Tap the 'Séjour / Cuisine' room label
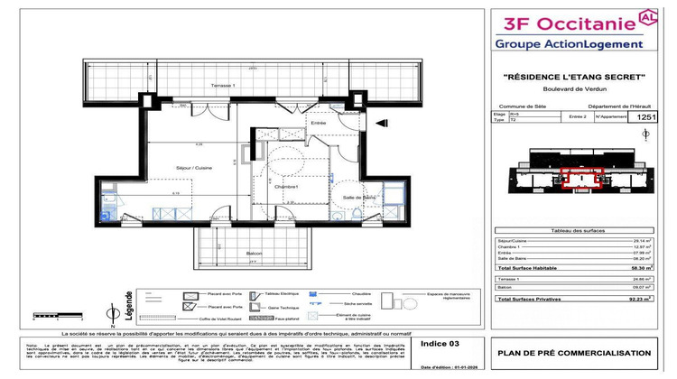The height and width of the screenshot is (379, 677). (169, 168)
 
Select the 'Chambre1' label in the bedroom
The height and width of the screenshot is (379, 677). (287, 186)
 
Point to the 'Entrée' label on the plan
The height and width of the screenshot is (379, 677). (318, 123)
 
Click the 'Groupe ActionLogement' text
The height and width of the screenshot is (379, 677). (569, 43)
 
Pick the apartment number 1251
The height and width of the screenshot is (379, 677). (647, 117)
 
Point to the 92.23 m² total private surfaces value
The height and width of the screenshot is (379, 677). (641, 297)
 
